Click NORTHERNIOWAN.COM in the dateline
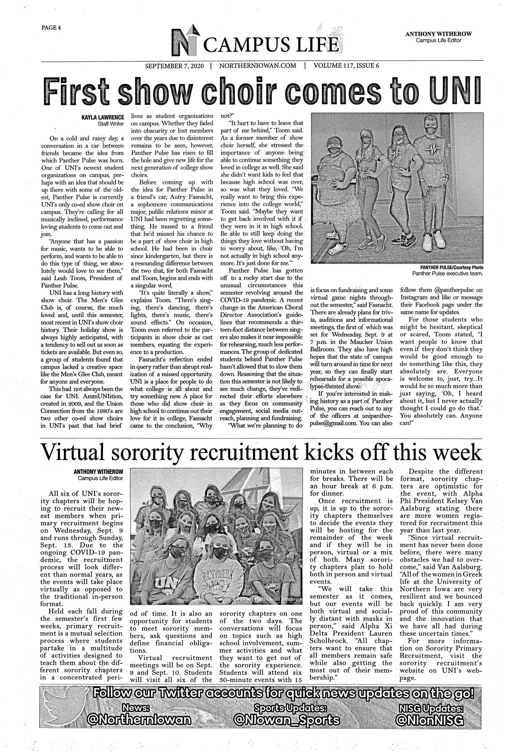pos(258,66)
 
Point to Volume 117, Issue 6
pos(346,66)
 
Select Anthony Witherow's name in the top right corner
pos(438,34)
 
